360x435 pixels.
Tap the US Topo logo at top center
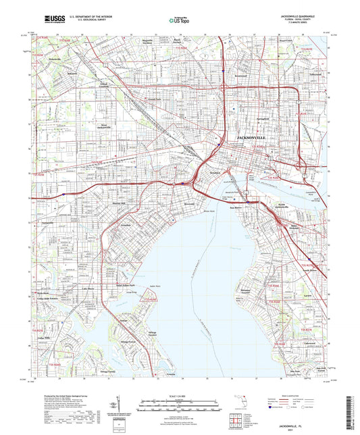coord(179,20)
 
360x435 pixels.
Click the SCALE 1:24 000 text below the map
coord(180,394)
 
